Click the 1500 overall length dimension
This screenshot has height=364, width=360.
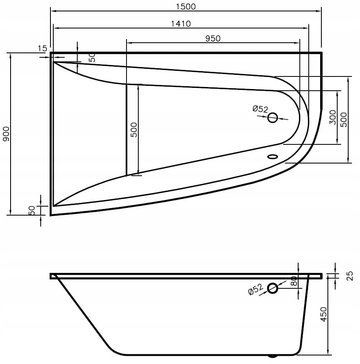point(185,7)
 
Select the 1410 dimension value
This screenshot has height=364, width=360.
point(181,24)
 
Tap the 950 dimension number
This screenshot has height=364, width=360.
point(213,38)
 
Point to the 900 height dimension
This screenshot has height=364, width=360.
point(6,134)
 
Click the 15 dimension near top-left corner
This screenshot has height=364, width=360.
point(42,48)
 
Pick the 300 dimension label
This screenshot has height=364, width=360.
point(333,117)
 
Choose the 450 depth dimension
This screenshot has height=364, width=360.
point(323,314)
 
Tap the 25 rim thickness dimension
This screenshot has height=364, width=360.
point(349,276)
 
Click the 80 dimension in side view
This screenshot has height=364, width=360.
point(294,281)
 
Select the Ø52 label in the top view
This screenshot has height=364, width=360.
point(260,109)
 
